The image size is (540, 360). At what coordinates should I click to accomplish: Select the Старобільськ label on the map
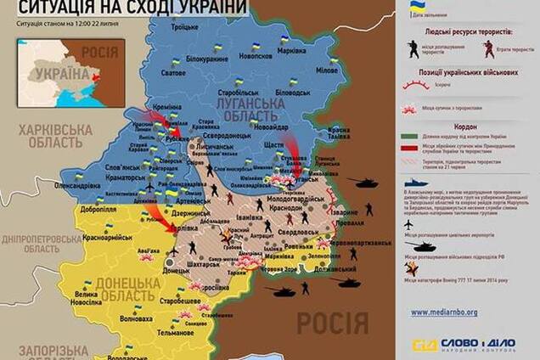coord(237,89)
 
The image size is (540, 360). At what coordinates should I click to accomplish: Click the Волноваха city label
coord(137,320)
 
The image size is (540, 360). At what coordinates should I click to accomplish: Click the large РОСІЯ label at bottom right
coord(332,323)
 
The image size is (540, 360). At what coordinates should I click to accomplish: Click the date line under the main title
coord(68,22)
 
